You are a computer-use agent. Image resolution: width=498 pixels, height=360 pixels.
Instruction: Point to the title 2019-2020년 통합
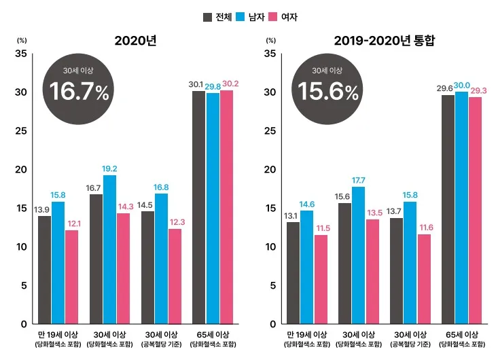point(384,41)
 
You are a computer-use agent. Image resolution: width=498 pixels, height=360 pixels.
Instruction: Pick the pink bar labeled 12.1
point(71,276)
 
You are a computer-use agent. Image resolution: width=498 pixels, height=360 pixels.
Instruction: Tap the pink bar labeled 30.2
point(226,206)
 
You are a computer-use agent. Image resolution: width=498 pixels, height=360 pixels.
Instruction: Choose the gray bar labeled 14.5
point(147,267)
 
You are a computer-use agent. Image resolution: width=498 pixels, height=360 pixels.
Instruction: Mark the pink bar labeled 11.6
point(424,278)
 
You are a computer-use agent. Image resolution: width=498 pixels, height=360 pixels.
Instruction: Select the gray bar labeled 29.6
point(448,209)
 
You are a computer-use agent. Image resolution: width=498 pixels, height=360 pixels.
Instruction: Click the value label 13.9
point(41,210)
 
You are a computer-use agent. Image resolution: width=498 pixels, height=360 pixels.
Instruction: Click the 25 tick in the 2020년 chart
point(22,130)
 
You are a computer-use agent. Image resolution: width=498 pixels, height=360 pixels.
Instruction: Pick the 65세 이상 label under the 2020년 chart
point(213,334)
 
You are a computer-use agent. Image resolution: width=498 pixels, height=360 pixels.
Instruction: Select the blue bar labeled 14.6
point(307,267)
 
